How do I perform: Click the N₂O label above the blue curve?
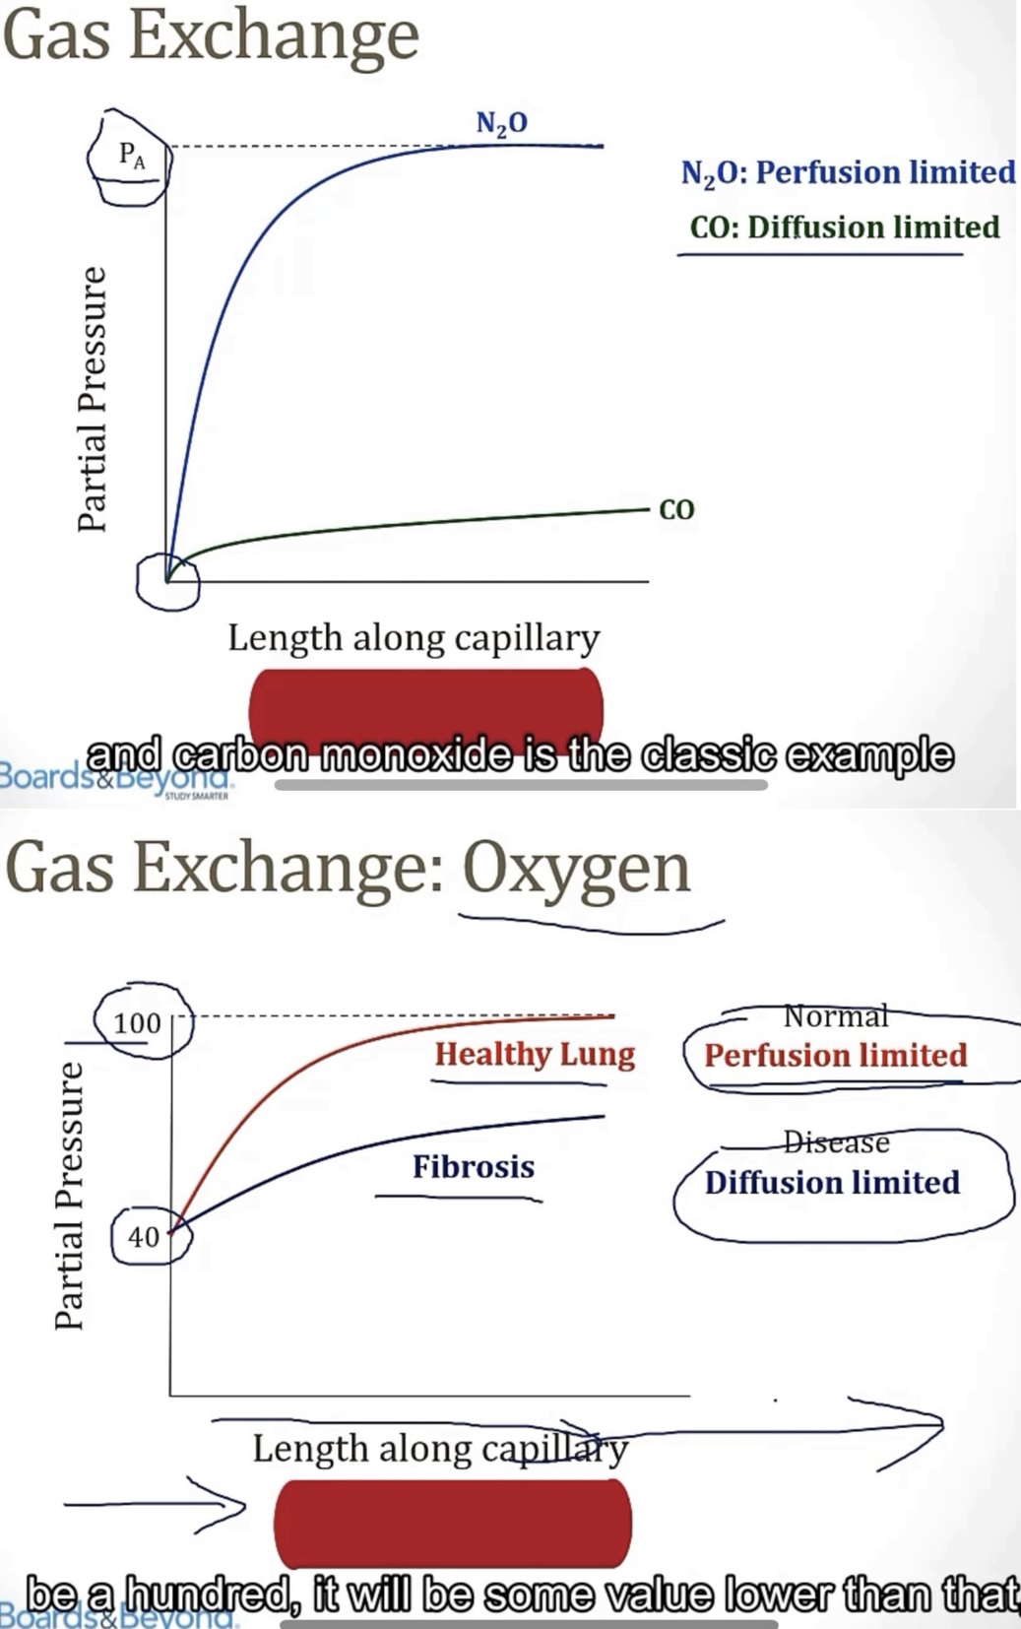click(501, 123)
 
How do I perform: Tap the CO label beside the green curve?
click(676, 509)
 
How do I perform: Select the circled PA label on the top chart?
click(131, 156)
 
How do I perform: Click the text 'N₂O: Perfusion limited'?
click(847, 172)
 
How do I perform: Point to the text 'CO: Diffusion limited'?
click(845, 228)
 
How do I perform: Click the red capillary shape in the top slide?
click(425, 704)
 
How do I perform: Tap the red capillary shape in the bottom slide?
click(452, 1524)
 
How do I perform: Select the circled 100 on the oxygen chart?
click(137, 1022)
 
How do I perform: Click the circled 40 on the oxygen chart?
click(144, 1236)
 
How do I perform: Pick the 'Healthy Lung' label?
click(535, 1054)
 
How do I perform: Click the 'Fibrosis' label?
click(474, 1167)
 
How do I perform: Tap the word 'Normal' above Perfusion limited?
click(836, 1015)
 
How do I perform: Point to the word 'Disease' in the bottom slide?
click(836, 1141)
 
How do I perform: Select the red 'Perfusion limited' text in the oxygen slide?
click(835, 1056)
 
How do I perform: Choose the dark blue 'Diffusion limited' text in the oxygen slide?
click(832, 1182)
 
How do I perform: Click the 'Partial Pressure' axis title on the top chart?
click(92, 399)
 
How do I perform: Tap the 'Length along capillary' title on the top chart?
click(414, 637)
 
